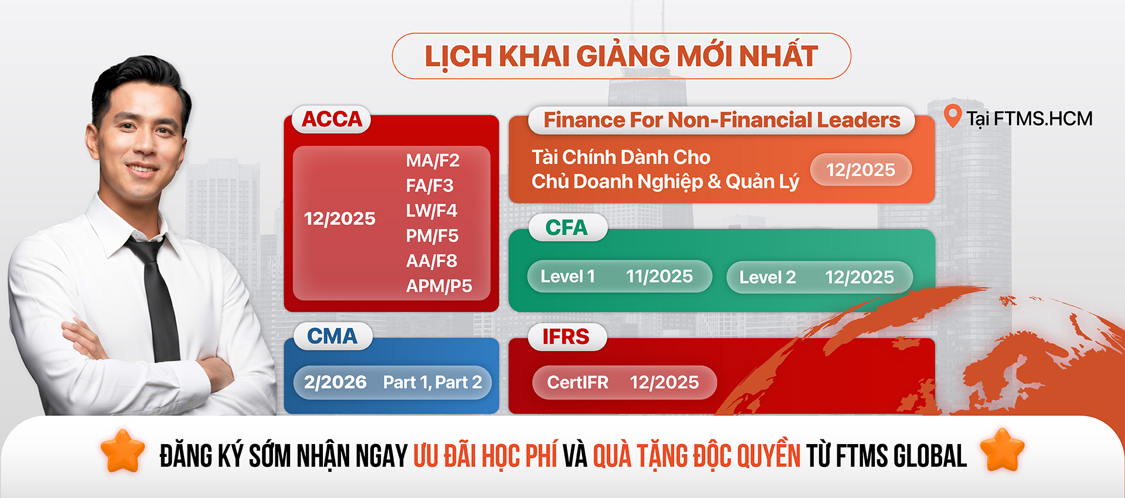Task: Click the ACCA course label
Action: [x=332, y=119]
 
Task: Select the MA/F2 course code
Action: [x=432, y=160]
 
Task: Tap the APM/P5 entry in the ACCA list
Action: [x=439, y=286]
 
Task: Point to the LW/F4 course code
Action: [x=431, y=211]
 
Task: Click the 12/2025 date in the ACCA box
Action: [x=340, y=219]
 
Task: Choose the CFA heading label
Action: [x=566, y=228]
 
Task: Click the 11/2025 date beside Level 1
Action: [x=659, y=276]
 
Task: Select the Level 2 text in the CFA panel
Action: [x=768, y=277]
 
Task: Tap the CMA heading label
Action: [x=332, y=336]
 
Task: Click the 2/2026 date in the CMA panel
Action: [x=335, y=382]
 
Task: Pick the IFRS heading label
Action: [x=566, y=337]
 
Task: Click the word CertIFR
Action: [x=578, y=382]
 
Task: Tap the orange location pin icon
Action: [x=953, y=116]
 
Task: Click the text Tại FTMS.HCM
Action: [x=1029, y=118]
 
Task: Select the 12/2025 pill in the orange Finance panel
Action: [x=861, y=170]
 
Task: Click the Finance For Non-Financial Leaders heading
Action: [x=722, y=120]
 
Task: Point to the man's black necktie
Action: [x=157, y=299]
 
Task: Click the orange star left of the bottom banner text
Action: [x=122, y=450]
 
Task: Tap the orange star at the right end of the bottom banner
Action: [x=1002, y=450]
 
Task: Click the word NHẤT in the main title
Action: [x=778, y=56]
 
